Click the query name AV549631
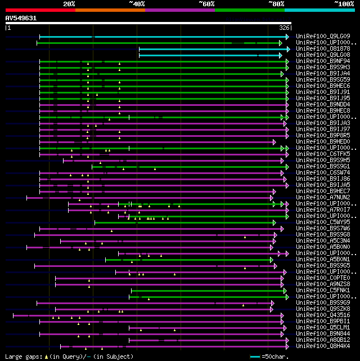pos(21,18)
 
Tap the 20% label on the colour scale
pos(69,3)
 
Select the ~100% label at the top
pos(344,3)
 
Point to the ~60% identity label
pos(206,3)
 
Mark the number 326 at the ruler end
pos(285,27)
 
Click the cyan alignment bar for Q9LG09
pos(163,37)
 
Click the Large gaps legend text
pos(22,356)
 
